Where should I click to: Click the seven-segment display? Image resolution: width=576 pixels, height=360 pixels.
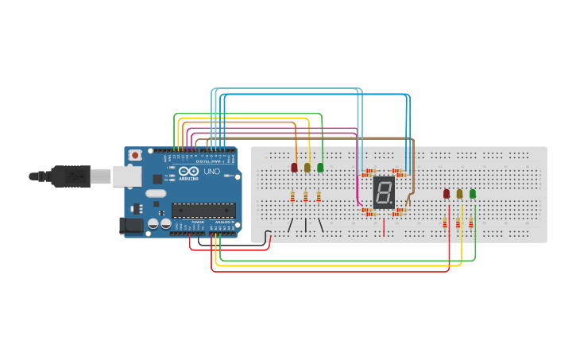[384, 192]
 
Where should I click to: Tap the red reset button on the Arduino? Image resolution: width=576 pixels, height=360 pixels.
[135, 154]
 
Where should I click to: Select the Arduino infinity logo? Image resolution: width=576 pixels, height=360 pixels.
[188, 172]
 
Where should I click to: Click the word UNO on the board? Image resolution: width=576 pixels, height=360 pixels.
[212, 172]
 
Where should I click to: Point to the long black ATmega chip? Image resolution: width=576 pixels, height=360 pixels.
[203, 211]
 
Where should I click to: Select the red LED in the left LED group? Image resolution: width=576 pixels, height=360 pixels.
[294, 168]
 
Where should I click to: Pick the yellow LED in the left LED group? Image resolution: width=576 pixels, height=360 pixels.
[307, 168]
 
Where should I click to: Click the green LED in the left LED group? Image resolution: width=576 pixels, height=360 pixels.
[320, 168]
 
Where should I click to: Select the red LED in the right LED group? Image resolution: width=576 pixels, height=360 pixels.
[446, 194]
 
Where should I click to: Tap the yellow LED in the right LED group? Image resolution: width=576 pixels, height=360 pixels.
[459, 194]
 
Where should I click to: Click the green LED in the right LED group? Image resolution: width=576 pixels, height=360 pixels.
[473, 194]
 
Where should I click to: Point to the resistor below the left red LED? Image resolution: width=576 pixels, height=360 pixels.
[292, 196]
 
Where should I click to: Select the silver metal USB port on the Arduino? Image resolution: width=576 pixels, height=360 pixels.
[126, 176]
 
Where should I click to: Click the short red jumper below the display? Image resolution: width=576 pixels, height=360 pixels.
[384, 226]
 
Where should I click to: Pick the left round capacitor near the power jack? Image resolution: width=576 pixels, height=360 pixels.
[153, 224]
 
